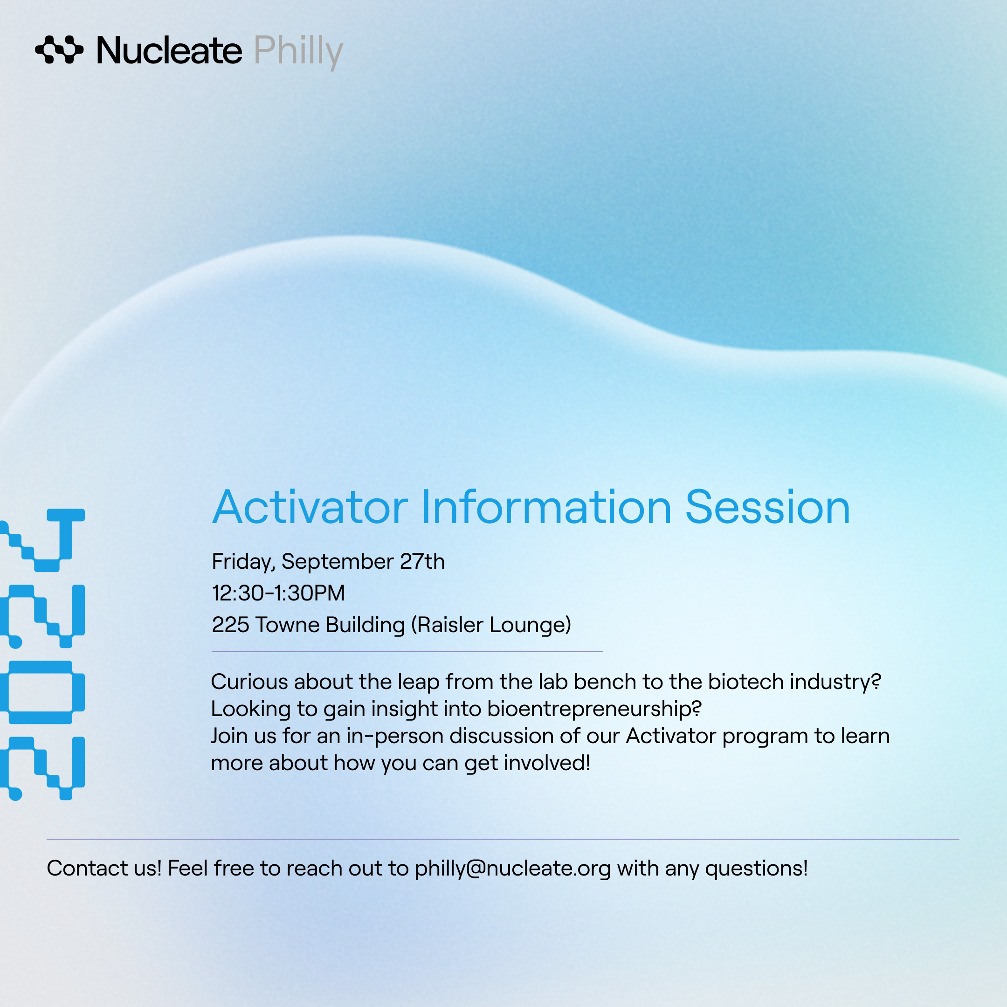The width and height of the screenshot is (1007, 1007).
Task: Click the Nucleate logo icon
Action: click(59, 50)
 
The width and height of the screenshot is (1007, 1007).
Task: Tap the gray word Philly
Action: click(298, 52)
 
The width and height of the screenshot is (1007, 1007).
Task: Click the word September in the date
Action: click(337, 562)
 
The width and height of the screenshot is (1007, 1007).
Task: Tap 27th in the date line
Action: click(422, 561)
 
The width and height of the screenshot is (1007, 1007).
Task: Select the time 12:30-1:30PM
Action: click(278, 593)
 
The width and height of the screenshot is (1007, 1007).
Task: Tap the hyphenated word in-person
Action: click(394, 737)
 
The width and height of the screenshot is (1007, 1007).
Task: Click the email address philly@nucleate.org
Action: click(512, 869)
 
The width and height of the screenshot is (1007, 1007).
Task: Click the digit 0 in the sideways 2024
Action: click(42, 692)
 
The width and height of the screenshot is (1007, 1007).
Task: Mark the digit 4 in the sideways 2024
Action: click(42, 540)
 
